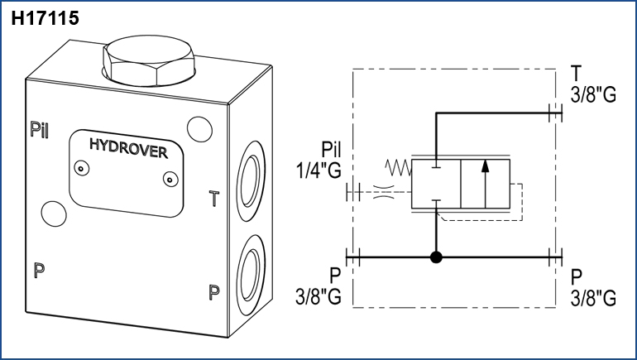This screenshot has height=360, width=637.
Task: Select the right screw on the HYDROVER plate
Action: [x=170, y=178]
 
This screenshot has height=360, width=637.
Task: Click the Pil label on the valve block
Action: [x=40, y=129]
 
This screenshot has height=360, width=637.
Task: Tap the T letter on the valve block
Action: [x=213, y=199]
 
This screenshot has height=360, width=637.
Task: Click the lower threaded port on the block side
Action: [x=250, y=270]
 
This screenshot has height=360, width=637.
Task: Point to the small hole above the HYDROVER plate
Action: [x=199, y=129]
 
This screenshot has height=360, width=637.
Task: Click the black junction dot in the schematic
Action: [x=437, y=257]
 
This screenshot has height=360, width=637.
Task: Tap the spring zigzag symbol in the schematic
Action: [x=398, y=168]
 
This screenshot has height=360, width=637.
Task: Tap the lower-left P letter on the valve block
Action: [x=39, y=271]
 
